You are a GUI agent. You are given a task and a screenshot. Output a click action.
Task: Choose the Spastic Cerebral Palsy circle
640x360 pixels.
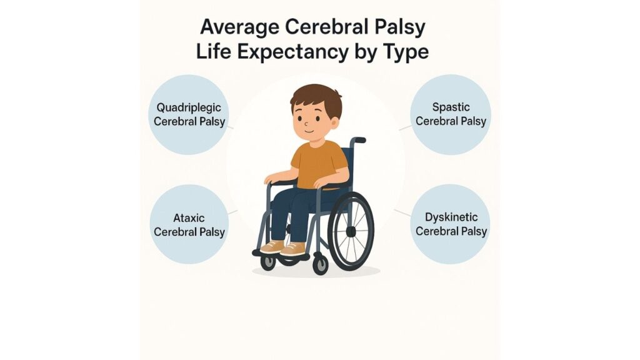click(450, 114)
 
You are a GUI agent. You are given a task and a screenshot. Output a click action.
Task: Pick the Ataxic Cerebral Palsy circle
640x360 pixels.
click(189, 224)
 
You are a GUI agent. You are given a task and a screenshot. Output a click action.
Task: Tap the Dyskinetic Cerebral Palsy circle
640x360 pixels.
click(450, 224)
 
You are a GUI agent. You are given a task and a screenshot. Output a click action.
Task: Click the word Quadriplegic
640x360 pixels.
click(189, 107)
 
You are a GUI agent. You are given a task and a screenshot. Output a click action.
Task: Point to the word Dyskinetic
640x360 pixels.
click(451, 217)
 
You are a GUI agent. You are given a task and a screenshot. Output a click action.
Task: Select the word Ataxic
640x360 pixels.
click(189, 218)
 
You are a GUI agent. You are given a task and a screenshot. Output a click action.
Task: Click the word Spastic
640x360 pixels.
click(451, 107)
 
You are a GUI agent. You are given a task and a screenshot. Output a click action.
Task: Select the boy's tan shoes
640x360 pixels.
click(284, 247)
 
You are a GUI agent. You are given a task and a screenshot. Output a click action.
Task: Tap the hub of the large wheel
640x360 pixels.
click(351, 231)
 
